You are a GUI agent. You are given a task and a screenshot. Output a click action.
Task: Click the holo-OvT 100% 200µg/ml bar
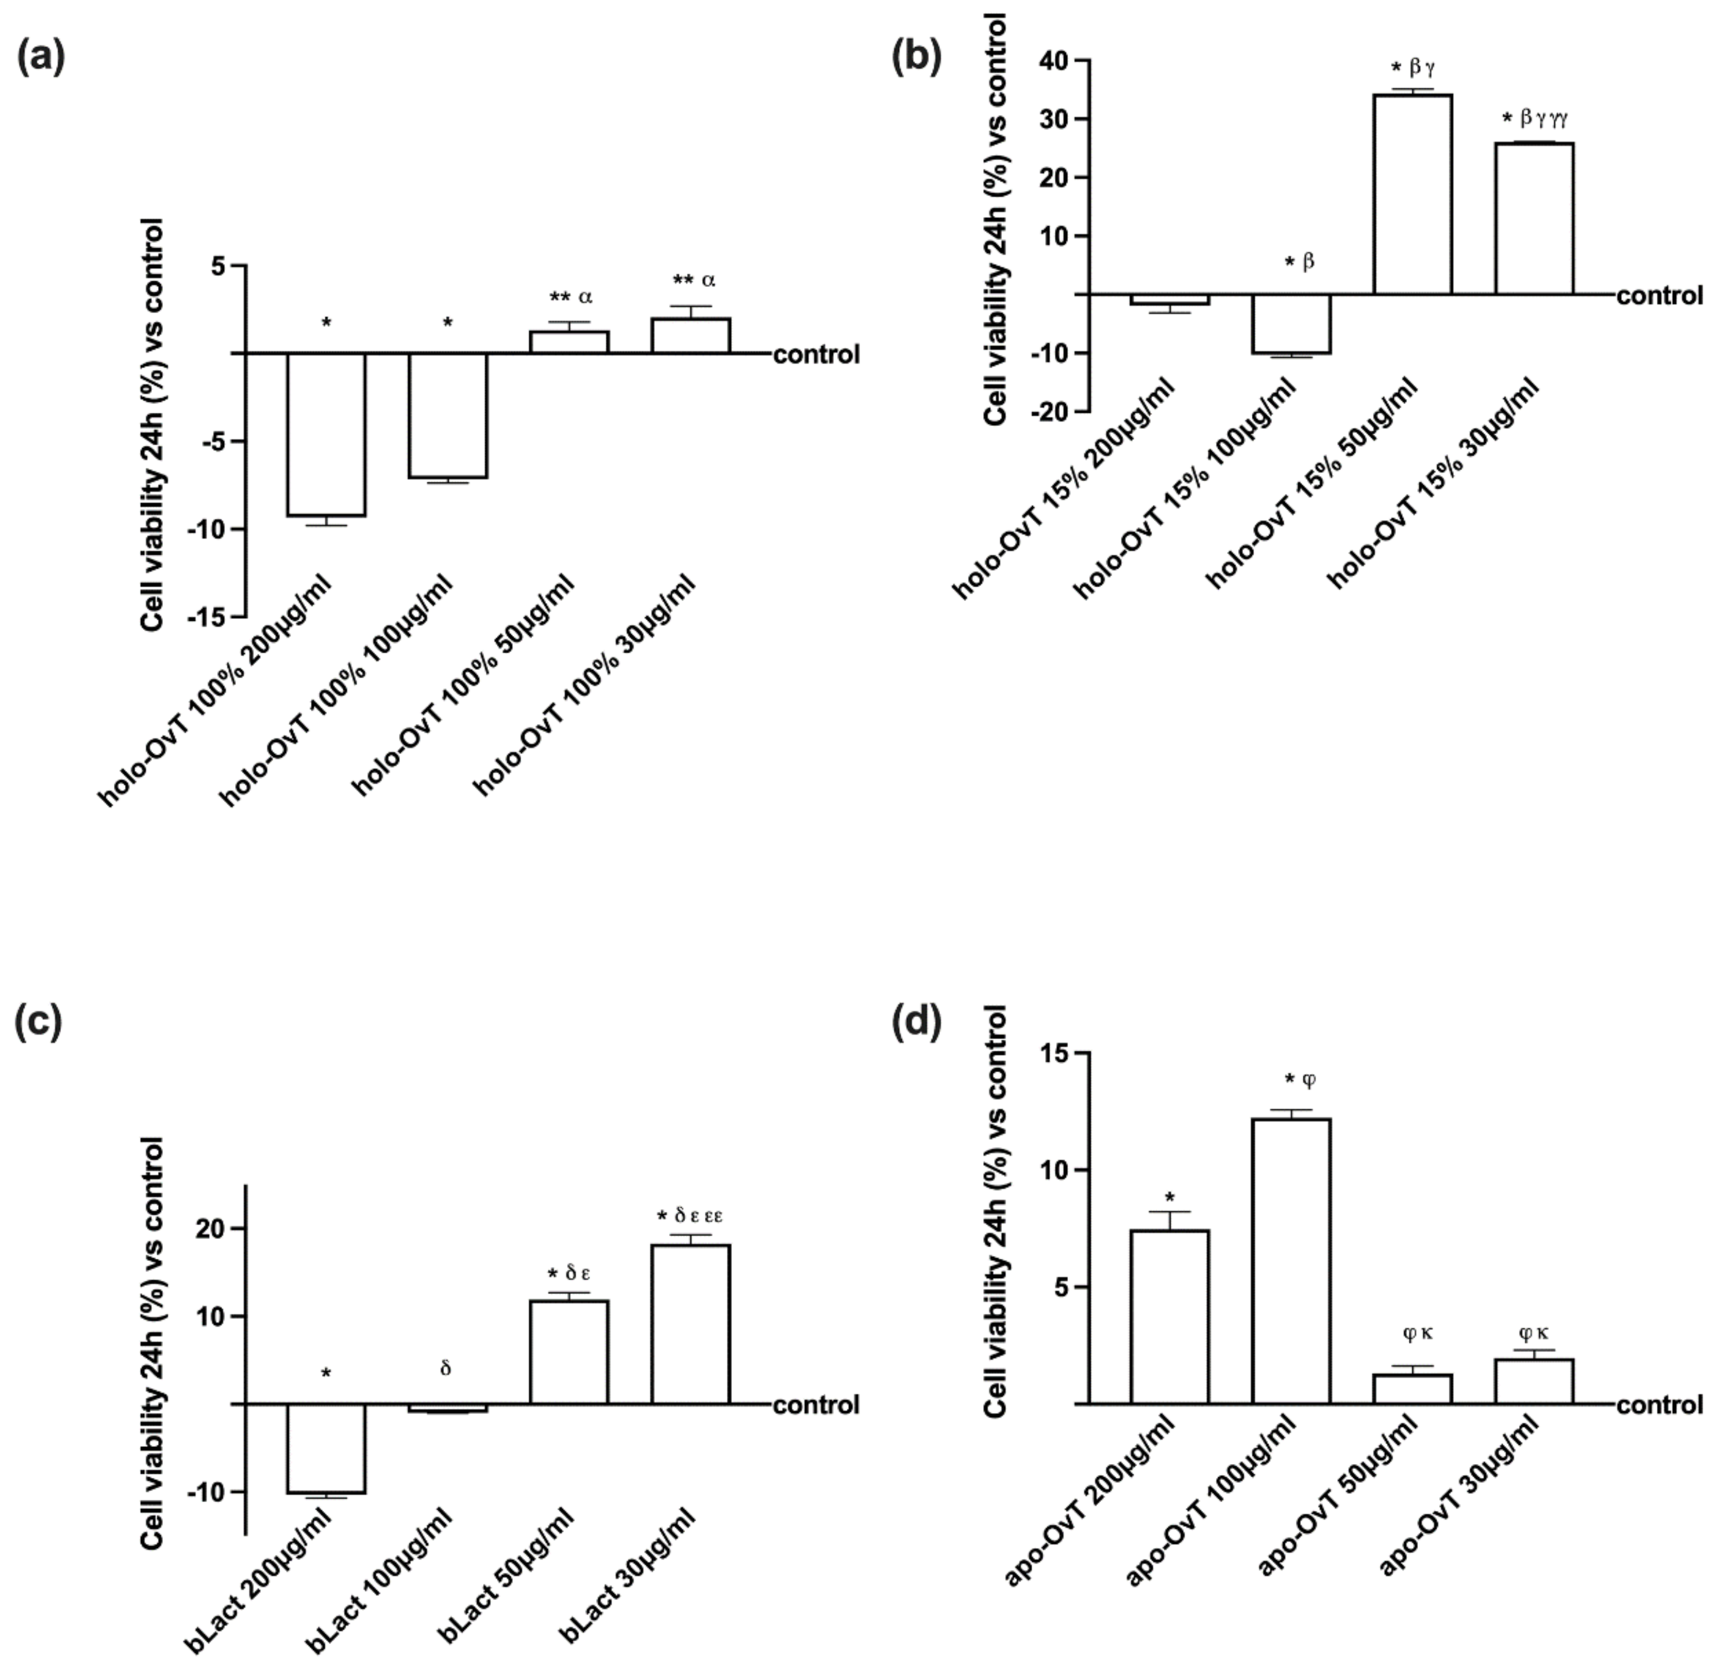pos(326,434)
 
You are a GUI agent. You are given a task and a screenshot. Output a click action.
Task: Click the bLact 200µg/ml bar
pos(326,1448)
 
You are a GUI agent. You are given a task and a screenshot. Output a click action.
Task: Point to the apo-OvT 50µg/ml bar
pos(1412,1389)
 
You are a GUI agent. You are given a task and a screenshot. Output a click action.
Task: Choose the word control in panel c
pos(816,1405)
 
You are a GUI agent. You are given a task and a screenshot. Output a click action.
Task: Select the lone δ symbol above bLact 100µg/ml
pos(446,1369)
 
